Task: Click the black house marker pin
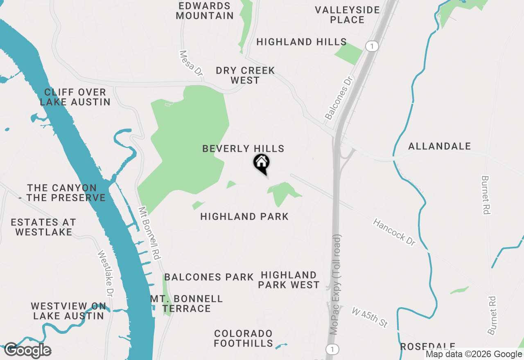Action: tap(261, 163)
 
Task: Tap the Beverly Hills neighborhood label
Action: tap(243, 148)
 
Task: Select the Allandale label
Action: tap(440, 146)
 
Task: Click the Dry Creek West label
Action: tap(245, 75)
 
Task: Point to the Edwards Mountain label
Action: tap(205, 11)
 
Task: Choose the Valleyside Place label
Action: tap(348, 15)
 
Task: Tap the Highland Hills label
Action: tap(302, 42)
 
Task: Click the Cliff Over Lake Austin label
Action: tap(75, 97)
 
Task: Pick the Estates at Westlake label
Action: tap(43, 227)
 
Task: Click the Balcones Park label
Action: tap(209, 277)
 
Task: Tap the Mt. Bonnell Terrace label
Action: tap(186, 304)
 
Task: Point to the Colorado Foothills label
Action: tap(243, 338)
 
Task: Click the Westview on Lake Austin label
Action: tap(68, 311)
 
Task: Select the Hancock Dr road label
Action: tap(394, 232)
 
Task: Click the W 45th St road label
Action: tap(370, 317)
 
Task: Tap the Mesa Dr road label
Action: tap(191, 63)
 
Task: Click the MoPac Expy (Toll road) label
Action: tap(336, 284)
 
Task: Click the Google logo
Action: tap(28, 351)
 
